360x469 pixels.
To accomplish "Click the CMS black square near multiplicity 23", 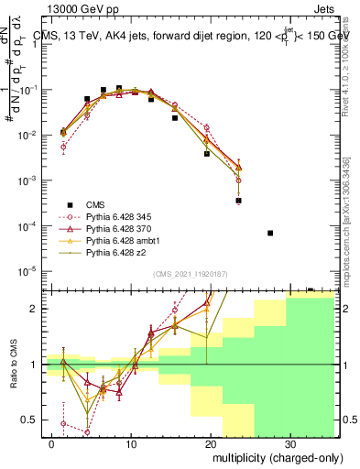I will tap(238, 200).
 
